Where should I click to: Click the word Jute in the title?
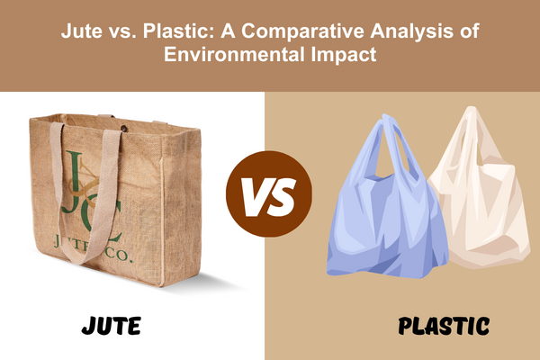coord(82,31)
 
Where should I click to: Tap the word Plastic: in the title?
coord(179,31)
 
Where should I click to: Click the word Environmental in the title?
coord(234,54)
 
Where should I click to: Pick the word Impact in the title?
coord(344,55)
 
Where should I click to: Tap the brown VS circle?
coord(269,193)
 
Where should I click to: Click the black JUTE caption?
coord(112,325)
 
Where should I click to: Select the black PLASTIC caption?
coord(444,326)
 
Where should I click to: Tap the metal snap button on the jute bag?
coord(123,129)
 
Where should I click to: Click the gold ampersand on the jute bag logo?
coord(85,183)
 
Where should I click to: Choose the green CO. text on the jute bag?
coord(117,254)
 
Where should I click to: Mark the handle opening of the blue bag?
coord(393,151)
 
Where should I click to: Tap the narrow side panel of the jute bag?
coord(181,207)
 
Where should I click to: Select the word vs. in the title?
coord(122,31)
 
